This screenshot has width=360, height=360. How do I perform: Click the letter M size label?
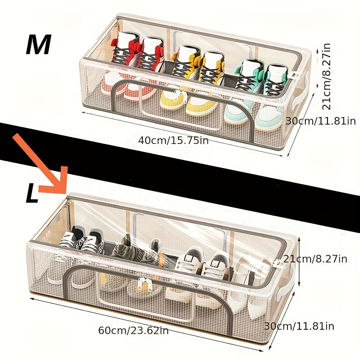point(39,45)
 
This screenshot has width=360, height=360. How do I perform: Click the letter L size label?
point(32,194)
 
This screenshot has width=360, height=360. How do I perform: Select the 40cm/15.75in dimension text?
point(174,140)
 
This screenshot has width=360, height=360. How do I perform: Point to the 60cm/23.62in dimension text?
point(134,330)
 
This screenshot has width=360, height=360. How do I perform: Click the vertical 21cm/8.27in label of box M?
point(326,76)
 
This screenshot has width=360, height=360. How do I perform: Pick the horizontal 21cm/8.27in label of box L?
point(315,259)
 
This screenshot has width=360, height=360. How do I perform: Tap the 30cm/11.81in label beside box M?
point(320,121)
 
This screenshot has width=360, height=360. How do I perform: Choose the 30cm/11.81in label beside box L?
point(299,326)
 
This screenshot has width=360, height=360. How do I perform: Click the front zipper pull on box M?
point(178,95)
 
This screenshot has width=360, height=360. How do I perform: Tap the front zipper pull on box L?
point(144,284)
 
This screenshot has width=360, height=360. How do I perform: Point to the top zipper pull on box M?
point(294,76)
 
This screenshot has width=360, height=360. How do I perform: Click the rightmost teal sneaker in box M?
point(274,80)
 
